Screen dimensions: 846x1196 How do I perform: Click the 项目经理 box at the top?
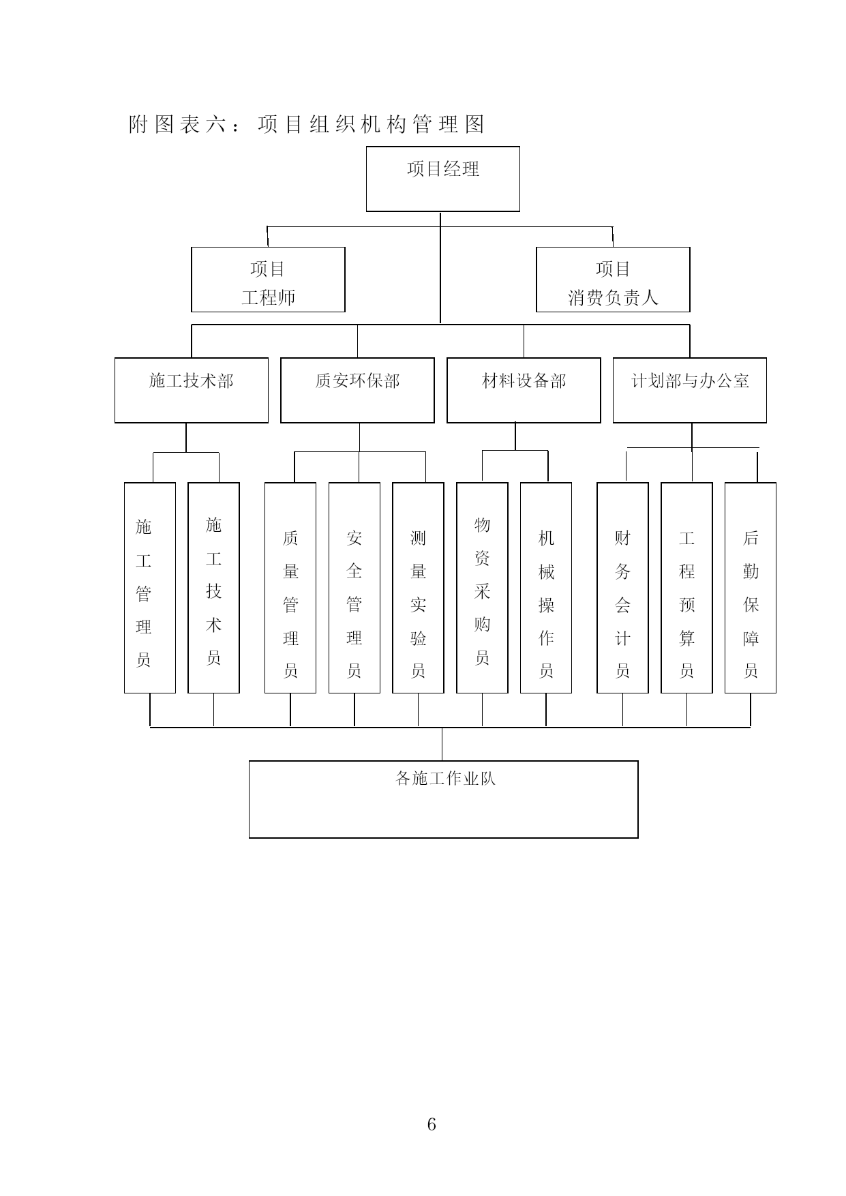click(443, 179)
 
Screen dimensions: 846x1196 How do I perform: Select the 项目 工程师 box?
click(268, 280)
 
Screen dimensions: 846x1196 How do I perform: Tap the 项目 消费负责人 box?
click(613, 280)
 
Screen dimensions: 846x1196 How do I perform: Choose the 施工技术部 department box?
click(192, 390)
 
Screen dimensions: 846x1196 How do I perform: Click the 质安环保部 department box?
click(357, 390)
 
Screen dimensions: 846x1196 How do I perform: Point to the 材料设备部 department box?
click(524, 390)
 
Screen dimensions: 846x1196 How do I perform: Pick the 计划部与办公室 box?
click(690, 390)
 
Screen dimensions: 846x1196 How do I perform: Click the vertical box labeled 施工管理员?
click(150, 588)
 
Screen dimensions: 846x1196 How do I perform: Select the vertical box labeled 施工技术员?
click(213, 588)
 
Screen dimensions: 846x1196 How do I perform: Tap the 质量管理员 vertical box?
click(290, 588)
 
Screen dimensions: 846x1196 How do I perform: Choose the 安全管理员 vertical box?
click(354, 588)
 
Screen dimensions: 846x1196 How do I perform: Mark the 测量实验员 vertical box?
click(418, 588)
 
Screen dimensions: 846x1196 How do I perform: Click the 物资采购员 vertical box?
click(482, 588)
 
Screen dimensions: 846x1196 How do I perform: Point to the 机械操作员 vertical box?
click(546, 588)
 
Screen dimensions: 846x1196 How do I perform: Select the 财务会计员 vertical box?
click(622, 588)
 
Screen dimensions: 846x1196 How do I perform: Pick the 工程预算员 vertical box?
click(686, 588)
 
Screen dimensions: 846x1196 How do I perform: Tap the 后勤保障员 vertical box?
click(751, 588)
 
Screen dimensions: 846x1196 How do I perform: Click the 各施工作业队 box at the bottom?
click(444, 799)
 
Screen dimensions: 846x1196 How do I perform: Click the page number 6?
click(432, 1124)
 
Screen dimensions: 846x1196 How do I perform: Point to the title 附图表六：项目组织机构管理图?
click(307, 124)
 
